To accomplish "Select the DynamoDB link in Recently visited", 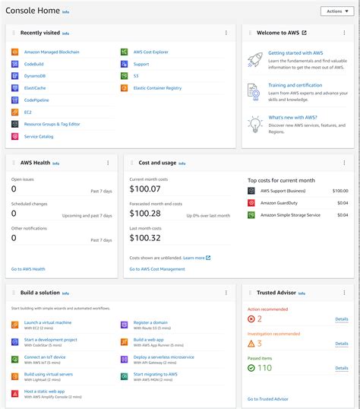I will point(35,76).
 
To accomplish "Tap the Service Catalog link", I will point(39,136).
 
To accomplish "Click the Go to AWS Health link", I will point(28,269).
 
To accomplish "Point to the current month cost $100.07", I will point(146,189).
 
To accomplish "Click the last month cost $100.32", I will point(146,238).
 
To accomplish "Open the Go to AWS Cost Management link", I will point(156,269).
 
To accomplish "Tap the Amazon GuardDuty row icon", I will point(251,203).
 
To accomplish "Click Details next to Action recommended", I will point(342,319).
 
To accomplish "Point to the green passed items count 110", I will point(264,368).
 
